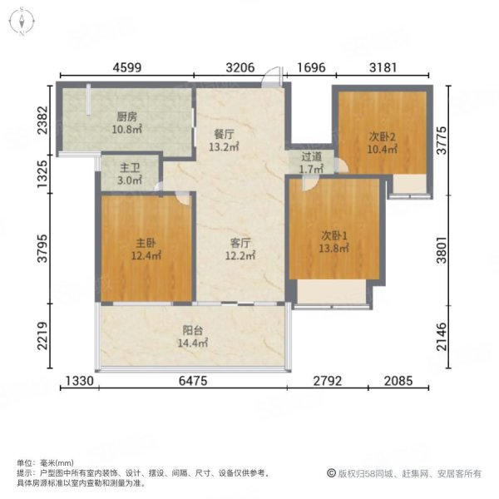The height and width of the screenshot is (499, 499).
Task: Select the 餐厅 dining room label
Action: pos(220,132)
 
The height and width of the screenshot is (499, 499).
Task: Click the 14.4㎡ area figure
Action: pos(194,342)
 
